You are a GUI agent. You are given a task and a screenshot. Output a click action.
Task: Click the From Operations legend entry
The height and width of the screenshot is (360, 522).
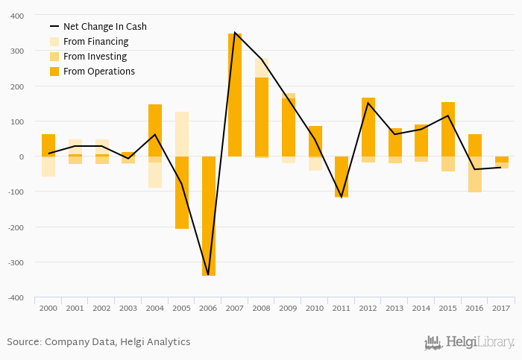(99, 72)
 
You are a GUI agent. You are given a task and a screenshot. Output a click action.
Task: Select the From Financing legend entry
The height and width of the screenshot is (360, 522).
(95, 42)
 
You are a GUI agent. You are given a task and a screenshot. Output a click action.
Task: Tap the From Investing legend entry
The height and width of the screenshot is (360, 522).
(95, 57)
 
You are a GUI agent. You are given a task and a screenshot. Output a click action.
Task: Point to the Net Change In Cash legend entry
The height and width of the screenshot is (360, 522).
(104, 27)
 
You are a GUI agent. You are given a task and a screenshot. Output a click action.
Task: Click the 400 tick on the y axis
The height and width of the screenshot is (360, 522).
(16, 16)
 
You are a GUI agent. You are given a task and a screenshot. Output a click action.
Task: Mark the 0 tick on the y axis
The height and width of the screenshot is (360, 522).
(22, 157)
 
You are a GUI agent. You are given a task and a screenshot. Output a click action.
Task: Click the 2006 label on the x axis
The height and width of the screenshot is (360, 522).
(208, 308)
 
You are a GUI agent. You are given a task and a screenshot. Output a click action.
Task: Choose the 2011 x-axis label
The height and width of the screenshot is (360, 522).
(342, 308)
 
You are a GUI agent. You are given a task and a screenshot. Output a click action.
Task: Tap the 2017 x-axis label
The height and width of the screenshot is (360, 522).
(501, 308)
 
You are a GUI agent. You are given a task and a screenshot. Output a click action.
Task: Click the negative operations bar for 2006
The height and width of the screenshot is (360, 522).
(208, 216)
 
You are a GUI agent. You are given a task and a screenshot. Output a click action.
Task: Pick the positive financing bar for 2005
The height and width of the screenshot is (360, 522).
(181, 134)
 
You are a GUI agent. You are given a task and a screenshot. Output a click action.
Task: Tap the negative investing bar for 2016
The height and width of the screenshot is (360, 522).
(474, 174)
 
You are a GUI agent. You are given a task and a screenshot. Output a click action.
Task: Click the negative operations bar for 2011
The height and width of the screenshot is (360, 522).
(342, 177)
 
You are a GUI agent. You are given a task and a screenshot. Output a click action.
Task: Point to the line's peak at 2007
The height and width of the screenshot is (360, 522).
(235, 33)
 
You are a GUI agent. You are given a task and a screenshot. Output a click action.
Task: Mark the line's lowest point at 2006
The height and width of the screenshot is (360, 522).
(208, 275)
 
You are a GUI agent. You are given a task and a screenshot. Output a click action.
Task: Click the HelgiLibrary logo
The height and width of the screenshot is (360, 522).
(469, 342)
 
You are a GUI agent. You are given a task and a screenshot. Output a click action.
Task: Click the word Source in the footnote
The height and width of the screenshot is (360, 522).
(23, 342)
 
